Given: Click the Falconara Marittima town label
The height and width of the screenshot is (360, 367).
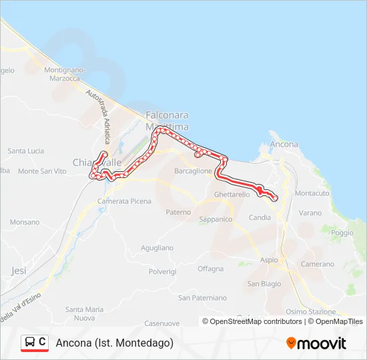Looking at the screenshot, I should (167, 120).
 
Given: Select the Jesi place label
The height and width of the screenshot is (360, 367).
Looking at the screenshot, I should (19, 271).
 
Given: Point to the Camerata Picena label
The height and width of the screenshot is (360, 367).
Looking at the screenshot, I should (124, 201).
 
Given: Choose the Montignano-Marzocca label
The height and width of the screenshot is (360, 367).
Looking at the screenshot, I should (65, 73).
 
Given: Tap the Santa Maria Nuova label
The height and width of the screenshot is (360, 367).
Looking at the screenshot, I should (84, 313).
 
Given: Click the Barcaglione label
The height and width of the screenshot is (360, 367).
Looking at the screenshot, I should (193, 171).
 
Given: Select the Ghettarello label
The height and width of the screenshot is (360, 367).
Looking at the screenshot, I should (232, 194).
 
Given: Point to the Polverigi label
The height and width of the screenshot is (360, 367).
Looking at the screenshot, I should (162, 272).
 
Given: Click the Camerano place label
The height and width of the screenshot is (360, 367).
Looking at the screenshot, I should (317, 264).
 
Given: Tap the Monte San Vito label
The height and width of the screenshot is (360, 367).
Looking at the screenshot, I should (43, 171).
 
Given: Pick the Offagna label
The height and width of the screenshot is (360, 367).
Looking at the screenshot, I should (211, 269).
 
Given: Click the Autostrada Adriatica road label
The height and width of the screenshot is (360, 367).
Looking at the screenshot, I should (97, 117).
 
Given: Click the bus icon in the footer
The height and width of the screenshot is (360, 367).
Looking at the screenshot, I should (30, 342).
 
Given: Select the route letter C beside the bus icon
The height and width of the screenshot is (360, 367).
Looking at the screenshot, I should (43, 342).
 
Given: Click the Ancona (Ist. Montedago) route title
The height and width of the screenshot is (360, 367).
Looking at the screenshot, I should (115, 343).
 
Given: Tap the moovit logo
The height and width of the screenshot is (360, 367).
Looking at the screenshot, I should (316, 343).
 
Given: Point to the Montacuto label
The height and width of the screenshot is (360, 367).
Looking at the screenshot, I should (312, 193).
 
